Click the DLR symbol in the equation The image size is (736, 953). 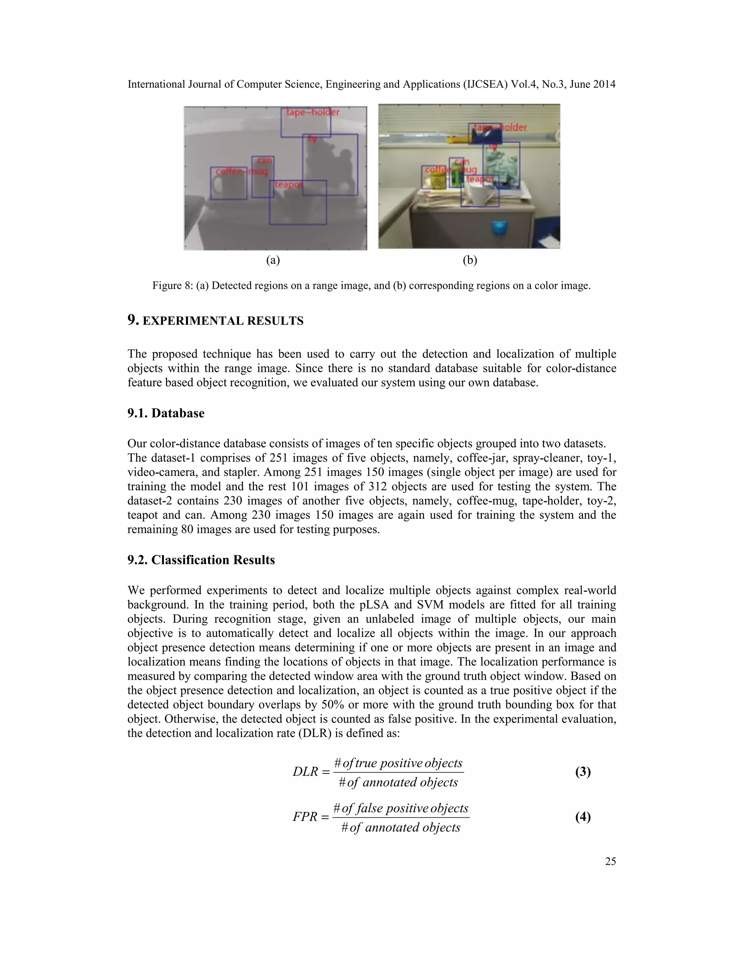pos(305,771)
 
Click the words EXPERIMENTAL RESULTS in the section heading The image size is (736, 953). pos(223,321)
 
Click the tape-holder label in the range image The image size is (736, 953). pos(312,112)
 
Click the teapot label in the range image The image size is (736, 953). pos(288,184)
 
